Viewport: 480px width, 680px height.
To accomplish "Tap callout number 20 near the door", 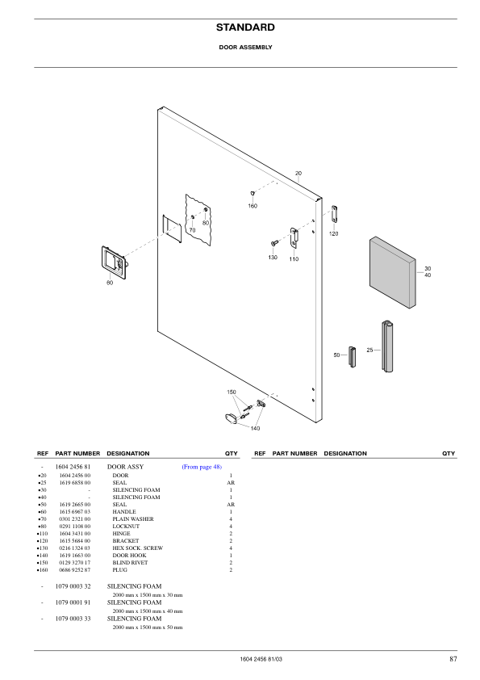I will (298, 174).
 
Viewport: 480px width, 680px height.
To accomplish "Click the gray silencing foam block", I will (392, 272).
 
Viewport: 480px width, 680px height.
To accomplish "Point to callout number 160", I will (253, 207).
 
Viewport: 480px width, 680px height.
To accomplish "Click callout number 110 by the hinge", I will (294, 259).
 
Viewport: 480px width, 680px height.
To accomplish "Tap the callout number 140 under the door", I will (255, 427).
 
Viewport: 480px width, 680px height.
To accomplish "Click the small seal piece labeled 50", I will (352, 355).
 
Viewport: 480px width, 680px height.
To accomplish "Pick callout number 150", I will (232, 392).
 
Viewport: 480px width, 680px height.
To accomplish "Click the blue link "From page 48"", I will (202, 467).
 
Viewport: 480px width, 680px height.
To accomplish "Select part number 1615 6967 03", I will (75, 512).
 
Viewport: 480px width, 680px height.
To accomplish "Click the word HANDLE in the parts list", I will (124, 512).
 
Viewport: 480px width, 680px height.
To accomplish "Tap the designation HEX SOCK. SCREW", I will (138, 548).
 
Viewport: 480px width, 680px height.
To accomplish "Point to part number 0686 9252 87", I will (75, 570).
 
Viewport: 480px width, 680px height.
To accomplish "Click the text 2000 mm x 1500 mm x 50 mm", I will (148, 628).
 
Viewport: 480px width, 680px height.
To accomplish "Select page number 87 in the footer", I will (453, 660).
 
